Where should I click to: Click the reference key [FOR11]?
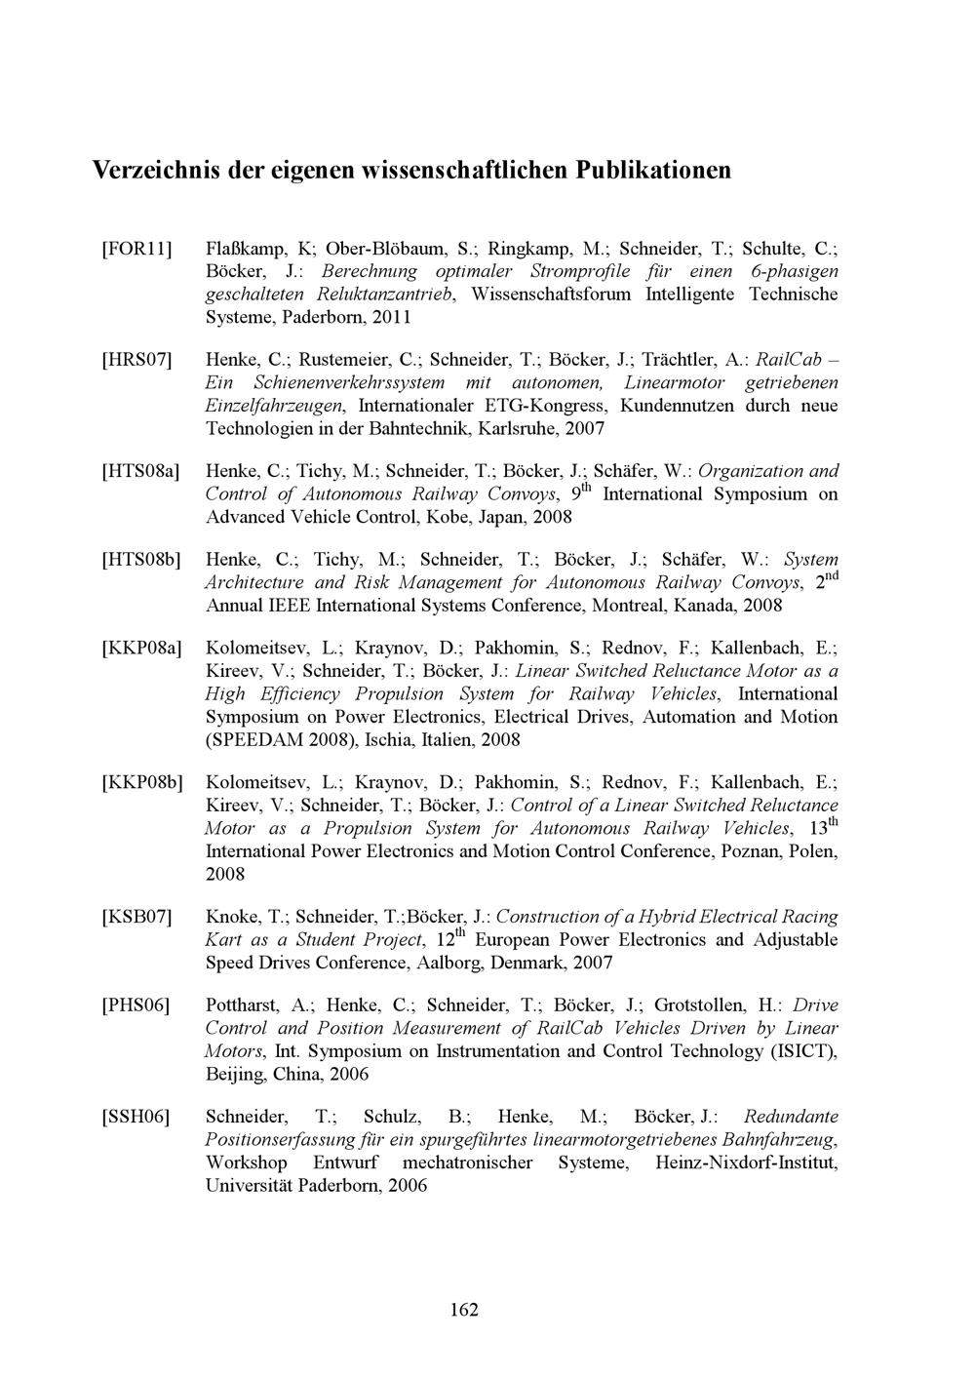pyautogui.click(x=136, y=248)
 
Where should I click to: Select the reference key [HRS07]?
pyautogui.click(x=137, y=360)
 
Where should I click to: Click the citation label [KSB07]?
pyautogui.click(x=137, y=917)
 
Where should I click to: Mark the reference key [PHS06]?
pyautogui.click(x=136, y=1005)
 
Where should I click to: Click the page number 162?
pyautogui.click(x=464, y=1310)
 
